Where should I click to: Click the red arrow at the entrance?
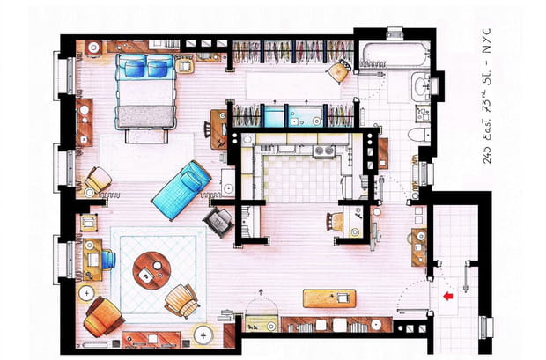pyautogui.click(x=449, y=297)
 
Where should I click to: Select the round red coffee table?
pyautogui.click(x=150, y=270)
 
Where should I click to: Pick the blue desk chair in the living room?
pyautogui.click(x=107, y=259)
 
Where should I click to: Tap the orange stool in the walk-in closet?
pyautogui.click(x=336, y=70)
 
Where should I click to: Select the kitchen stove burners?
pyautogui.click(x=323, y=151)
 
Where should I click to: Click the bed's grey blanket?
pyautogui.click(x=147, y=115)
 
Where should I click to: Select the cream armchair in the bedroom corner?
pyautogui.click(x=97, y=180)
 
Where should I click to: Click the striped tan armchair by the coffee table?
pyautogui.click(x=182, y=299)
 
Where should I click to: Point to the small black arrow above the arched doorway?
pyautogui.click(x=261, y=290)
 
